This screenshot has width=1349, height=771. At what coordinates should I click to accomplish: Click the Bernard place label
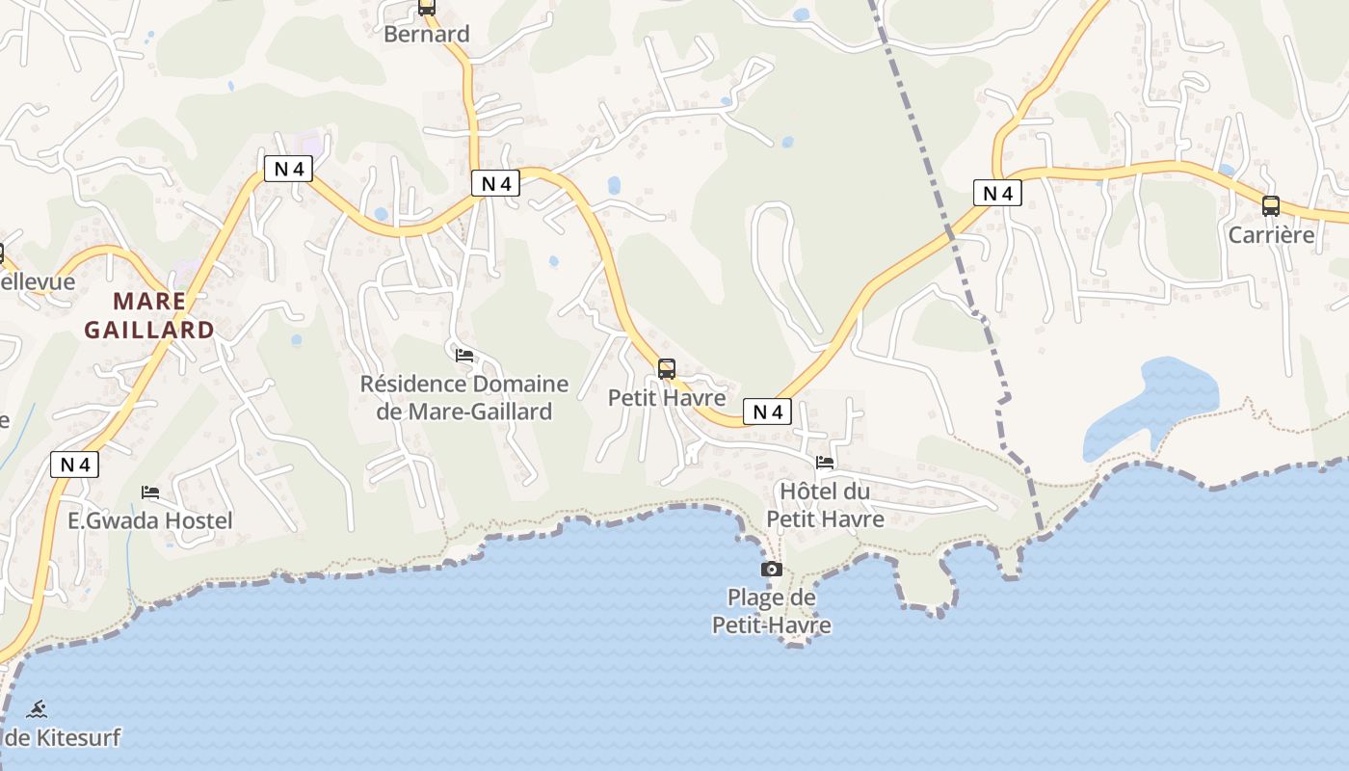(x=426, y=34)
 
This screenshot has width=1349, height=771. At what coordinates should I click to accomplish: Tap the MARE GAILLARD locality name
(x=149, y=315)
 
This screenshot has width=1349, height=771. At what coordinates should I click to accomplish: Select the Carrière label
(x=1271, y=234)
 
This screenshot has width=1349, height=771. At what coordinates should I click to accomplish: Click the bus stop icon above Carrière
(x=1271, y=205)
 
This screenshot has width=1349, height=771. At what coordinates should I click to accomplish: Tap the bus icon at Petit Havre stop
(x=666, y=368)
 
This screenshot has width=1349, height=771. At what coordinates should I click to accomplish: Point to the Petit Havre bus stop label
(x=666, y=397)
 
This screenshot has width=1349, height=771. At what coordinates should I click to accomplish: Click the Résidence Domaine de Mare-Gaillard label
(x=463, y=397)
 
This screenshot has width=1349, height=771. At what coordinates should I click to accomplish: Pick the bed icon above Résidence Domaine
(x=463, y=355)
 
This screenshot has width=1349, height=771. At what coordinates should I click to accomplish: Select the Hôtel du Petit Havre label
(x=825, y=505)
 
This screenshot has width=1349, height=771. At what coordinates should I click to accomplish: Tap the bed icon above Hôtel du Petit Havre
(x=825, y=463)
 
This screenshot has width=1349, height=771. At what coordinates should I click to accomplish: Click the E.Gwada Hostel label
(x=149, y=520)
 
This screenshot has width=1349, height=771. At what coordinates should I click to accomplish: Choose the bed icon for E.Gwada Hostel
(x=150, y=492)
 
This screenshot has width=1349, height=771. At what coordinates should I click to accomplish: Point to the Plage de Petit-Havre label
(x=771, y=611)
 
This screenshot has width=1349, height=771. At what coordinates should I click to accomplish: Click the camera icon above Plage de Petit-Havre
(x=771, y=569)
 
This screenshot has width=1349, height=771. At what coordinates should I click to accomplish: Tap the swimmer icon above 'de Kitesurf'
(x=37, y=710)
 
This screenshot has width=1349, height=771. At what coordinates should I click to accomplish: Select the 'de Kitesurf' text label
(x=62, y=738)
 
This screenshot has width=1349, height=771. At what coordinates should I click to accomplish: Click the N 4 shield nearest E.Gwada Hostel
(x=74, y=465)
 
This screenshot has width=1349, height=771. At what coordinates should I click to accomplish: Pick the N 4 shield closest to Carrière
(x=996, y=193)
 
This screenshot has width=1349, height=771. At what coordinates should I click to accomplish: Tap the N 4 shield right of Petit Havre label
(x=767, y=412)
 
